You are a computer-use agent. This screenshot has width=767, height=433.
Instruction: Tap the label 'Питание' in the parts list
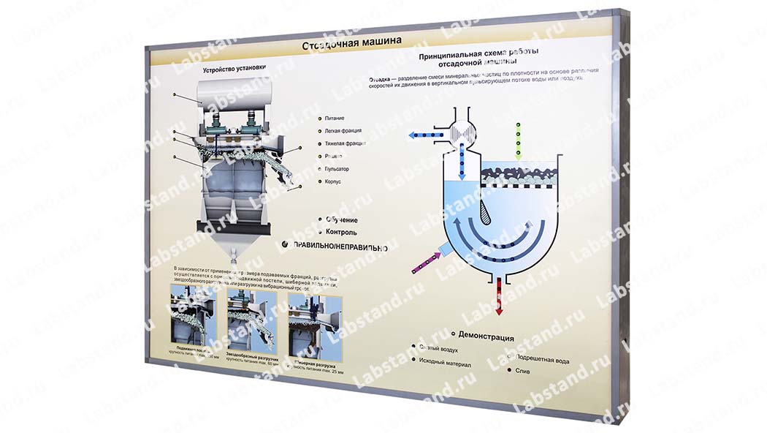pos(335,118)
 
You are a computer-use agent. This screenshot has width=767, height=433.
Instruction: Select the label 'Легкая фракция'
pos(343,131)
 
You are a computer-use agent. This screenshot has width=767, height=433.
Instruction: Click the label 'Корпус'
pos(333,181)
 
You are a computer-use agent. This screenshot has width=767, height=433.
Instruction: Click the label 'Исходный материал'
pos(446,364)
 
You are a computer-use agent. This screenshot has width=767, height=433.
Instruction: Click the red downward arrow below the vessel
pos(500,296)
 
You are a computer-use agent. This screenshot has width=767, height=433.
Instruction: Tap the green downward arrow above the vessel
pos(518,142)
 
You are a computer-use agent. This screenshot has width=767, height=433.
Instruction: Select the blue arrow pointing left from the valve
pos(424,135)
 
